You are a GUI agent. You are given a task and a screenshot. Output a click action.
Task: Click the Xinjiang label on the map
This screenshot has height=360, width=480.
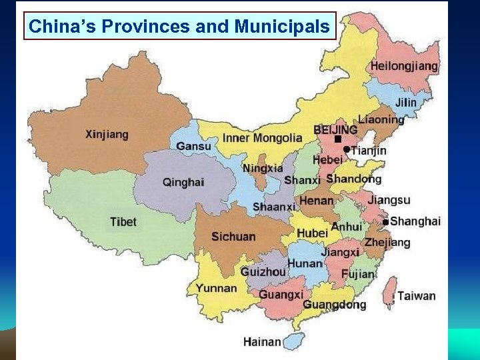107,134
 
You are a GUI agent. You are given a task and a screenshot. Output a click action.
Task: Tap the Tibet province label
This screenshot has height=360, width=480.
123,222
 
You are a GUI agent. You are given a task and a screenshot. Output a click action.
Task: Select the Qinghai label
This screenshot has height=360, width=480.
183,182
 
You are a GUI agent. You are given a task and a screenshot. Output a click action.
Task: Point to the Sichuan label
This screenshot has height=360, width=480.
233,237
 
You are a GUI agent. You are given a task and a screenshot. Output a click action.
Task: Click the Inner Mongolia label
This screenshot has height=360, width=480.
262,138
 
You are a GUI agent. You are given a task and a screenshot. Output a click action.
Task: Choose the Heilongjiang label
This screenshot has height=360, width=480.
404,66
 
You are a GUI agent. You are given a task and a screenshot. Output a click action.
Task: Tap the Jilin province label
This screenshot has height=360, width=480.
405,103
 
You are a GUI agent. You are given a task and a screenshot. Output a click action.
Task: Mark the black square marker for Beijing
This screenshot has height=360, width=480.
338,139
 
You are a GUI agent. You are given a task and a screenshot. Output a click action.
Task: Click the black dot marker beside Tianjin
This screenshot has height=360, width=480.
347,150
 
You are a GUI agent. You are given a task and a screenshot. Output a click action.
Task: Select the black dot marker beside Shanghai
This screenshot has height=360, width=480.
385,221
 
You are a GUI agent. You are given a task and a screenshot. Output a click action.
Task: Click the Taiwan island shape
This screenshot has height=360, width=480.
389,293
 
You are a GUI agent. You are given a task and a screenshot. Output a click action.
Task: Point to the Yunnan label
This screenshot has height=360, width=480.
216,288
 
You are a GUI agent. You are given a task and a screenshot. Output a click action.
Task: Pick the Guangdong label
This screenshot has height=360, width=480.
334,305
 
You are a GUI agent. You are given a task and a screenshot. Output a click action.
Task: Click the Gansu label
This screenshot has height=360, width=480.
194,146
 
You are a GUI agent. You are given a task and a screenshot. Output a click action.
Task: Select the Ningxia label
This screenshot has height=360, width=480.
262,168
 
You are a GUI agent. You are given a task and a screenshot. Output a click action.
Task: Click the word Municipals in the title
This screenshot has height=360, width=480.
282,27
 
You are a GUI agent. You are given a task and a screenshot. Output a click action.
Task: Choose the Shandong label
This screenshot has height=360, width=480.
353,179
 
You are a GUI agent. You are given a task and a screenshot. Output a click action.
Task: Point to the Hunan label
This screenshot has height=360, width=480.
305,264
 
